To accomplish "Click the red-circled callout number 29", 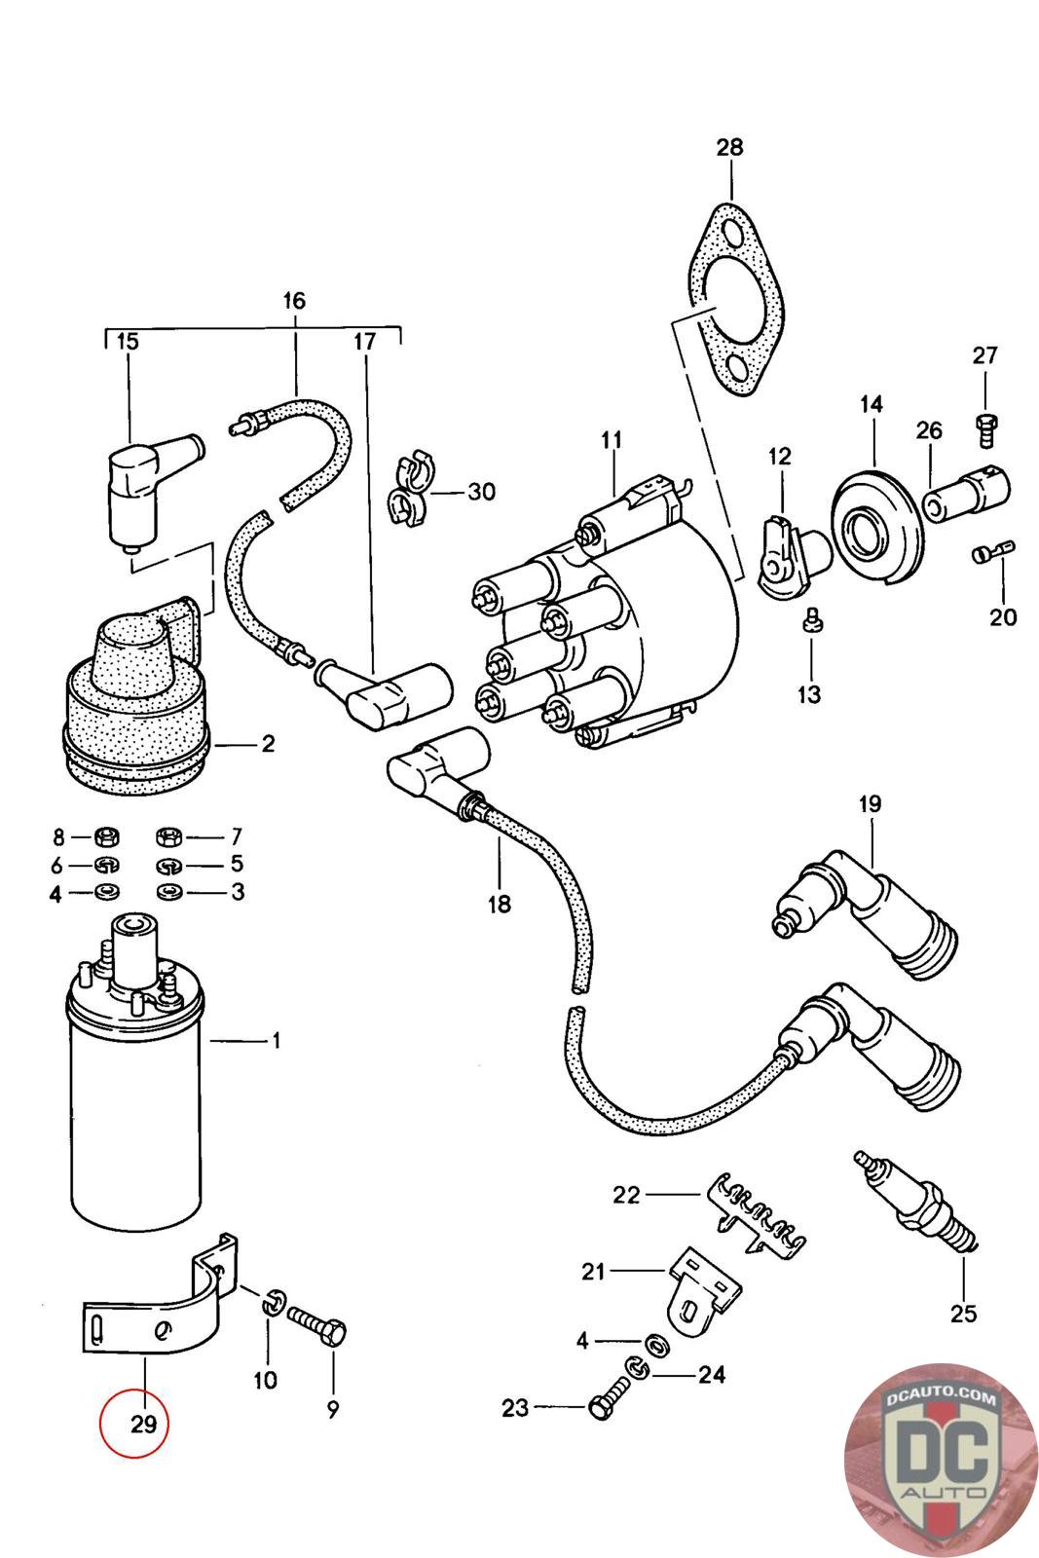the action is click(x=143, y=1424).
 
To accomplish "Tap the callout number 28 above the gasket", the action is click(x=729, y=147).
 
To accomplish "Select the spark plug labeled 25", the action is click(x=916, y=1204).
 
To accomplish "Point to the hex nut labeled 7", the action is click(x=169, y=835).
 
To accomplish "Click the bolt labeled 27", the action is click(x=984, y=428).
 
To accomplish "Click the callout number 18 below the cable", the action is click(x=500, y=904).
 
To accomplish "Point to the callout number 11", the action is click(x=612, y=439).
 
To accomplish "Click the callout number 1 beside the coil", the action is click(x=276, y=1041).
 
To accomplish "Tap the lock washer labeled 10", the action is click(x=275, y=1302).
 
